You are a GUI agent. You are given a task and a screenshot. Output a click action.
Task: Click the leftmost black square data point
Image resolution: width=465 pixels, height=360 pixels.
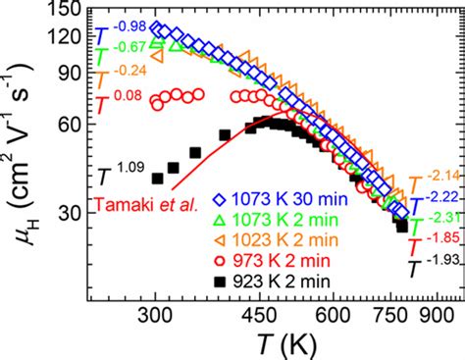[156, 178]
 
